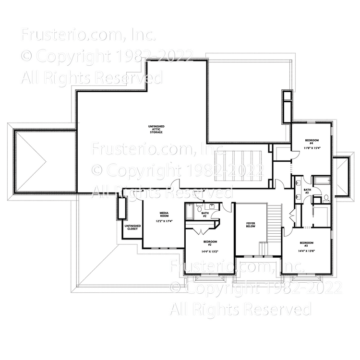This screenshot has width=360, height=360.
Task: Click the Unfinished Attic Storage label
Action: (156, 129)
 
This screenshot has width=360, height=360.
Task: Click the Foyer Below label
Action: (250, 225)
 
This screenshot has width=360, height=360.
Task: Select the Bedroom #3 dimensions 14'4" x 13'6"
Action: (307, 251)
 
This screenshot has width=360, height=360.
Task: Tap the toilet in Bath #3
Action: (324, 197)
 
